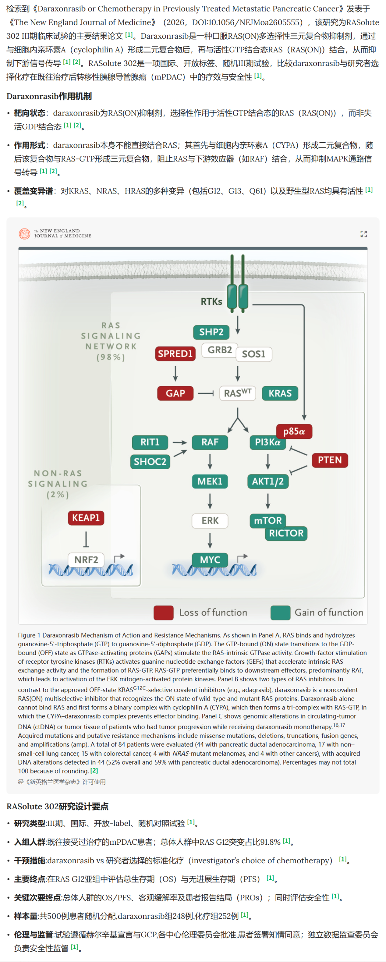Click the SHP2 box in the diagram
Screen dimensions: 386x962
[211, 332]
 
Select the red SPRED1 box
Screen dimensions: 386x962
[175, 354]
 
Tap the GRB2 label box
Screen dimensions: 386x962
[219, 350]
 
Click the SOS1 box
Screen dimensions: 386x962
[253, 354]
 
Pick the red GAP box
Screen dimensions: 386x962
[175, 393]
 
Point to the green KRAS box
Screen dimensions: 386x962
[280, 393]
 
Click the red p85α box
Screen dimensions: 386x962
[294, 431]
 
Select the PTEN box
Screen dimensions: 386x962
[330, 460]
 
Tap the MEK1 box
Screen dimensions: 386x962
[210, 481]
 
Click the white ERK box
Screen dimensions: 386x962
[210, 521]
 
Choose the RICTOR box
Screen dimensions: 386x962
[286, 533]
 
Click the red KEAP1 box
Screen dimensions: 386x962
[86, 518]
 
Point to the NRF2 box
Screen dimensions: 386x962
[86, 560]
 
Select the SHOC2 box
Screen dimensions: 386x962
[150, 462]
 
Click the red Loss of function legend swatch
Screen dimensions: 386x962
[163, 613]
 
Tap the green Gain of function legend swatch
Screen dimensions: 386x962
[280, 613]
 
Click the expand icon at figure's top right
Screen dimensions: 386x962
[363, 234]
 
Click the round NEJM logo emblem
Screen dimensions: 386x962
[25, 234]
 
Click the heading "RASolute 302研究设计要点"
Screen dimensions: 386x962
[58, 806]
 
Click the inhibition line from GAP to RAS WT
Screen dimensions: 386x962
[205, 393]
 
